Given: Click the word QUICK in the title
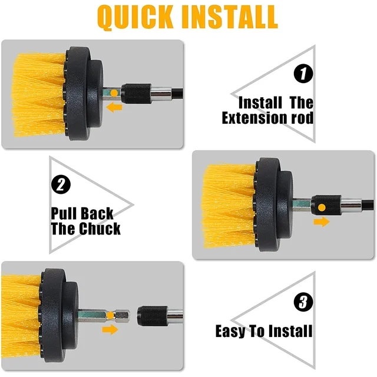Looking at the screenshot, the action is tap(135, 17).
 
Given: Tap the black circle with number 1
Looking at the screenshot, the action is tap(303, 74).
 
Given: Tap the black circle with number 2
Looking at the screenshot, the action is tap(61, 184).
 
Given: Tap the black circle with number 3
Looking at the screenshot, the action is tap(303, 302).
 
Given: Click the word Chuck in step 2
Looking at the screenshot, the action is tap(100, 229).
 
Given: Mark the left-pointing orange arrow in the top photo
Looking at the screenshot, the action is tap(114, 107).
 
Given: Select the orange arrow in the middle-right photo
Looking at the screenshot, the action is tap(322, 221).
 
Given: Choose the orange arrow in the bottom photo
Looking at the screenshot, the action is tap(110, 329).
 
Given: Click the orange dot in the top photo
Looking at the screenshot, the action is tap(114, 93).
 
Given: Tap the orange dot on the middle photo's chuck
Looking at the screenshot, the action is tap(322, 207).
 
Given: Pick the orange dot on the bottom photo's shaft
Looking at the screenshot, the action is tap(110, 316).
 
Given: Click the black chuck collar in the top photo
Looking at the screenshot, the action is tap(136, 94).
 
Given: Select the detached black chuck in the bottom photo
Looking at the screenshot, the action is tap(153, 316).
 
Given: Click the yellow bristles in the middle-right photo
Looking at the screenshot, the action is tap(229, 206).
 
